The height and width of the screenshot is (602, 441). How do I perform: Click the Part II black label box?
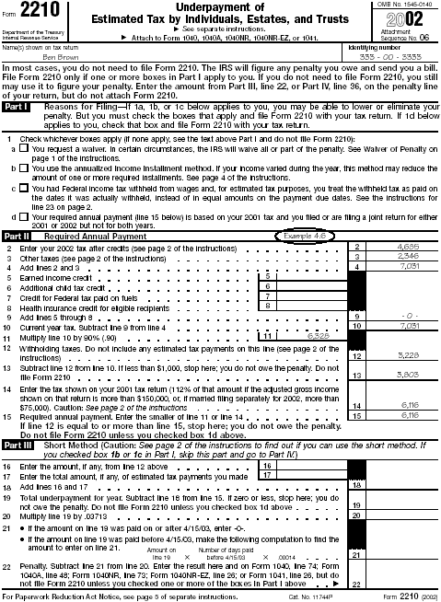click(17, 237)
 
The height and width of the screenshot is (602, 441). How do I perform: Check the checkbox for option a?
click(23, 149)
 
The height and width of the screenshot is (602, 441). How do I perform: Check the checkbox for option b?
click(23, 169)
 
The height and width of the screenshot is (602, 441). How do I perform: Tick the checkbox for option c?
click(23, 189)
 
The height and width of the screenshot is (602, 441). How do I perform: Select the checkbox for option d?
click(23, 216)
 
